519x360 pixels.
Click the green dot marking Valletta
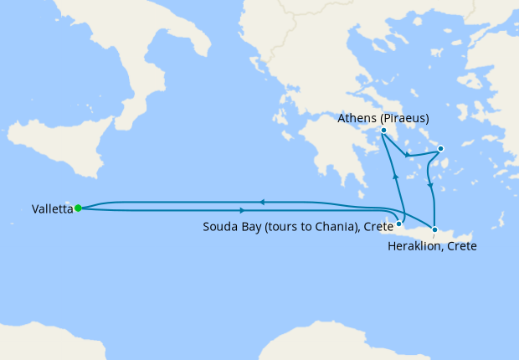point(77,208)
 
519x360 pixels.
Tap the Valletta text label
point(51,208)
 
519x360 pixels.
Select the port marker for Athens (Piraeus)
point(383,131)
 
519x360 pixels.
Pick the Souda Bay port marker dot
point(399,224)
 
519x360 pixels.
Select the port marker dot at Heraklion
point(434,229)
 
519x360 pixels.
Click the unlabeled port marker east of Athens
point(441,150)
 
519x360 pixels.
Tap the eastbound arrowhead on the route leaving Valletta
point(243,209)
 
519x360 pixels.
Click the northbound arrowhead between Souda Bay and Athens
point(395,176)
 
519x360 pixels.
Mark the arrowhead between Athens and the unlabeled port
point(407,155)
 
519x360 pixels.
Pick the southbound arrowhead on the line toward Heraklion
point(429,185)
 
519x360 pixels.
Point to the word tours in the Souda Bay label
point(277,227)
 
